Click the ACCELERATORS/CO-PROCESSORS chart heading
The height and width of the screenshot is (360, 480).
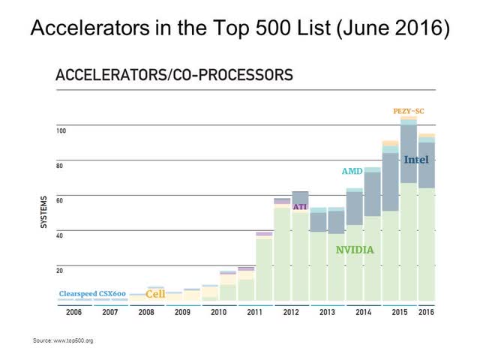(x=175, y=75)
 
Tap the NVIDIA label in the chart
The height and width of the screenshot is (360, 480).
(x=355, y=249)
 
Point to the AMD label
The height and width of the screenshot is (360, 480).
(x=352, y=172)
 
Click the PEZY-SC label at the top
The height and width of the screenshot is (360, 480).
(x=409, y=111)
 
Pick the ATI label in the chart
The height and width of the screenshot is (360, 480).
(x=300, y=206)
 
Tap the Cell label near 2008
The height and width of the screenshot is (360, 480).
(x=155, y=294)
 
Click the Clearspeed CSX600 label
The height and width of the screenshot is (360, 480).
(x=93, y=293)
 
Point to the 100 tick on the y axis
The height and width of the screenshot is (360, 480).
(x=61, y=131)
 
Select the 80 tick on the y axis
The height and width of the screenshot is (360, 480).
(x=60, y=166)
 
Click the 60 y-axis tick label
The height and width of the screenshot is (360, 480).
(x=60, y=201)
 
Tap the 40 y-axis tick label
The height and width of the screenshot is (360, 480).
(x=60, y=235)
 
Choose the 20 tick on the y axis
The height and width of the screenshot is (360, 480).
(x=60, y=270)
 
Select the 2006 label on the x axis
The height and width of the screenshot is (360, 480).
(x=73, y=312)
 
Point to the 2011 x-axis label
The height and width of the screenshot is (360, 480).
(x=254, y=312)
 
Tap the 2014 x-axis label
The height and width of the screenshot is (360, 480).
(x=363, y=312)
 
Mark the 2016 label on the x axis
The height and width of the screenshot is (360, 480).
(x=426, y=312)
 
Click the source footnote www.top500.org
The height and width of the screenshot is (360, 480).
(x=63, y=340)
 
